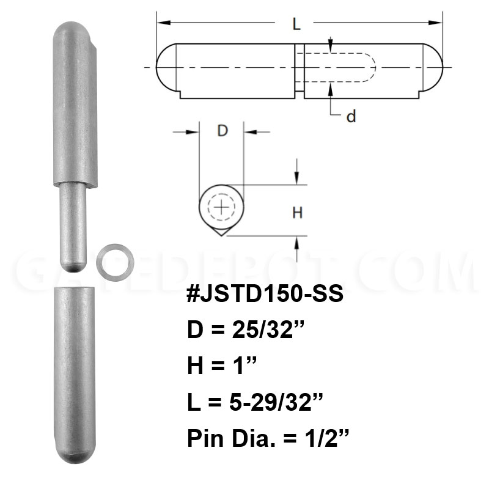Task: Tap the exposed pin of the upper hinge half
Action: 72,227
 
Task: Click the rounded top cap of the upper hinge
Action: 72,31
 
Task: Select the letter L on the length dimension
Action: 296,24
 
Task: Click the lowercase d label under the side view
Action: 351,116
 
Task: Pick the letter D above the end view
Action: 222,130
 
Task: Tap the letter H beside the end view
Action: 298,213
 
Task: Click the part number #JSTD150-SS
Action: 265,293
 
